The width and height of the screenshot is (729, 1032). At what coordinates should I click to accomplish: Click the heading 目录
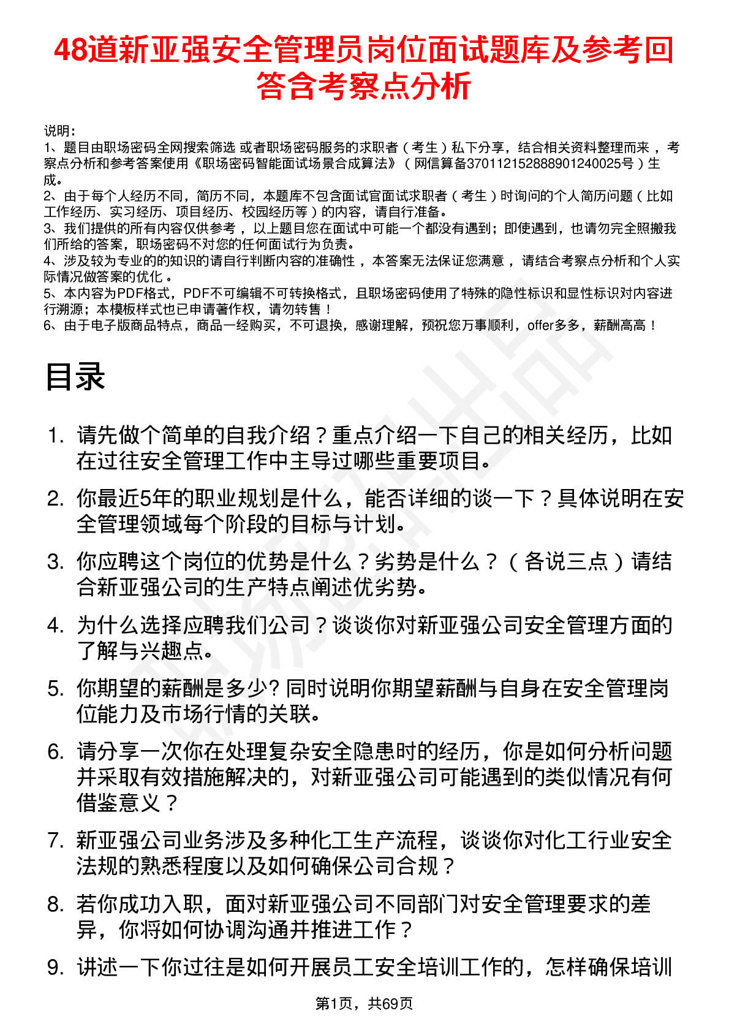[75, 376]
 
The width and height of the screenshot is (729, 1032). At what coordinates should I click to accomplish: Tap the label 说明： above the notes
[59, 131]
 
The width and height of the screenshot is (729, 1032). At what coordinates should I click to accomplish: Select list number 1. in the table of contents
[56, 436]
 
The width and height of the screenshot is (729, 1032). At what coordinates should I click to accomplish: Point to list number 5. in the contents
[56, 689]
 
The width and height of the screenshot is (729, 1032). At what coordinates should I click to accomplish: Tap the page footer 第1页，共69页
[364, 1003]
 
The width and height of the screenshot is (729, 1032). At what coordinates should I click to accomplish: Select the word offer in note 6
[540, 325]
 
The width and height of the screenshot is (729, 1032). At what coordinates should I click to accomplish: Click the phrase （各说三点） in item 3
[566, 561]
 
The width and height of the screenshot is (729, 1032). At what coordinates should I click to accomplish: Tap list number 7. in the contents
[56, 840]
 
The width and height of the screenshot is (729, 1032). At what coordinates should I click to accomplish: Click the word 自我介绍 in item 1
[268, 436]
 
